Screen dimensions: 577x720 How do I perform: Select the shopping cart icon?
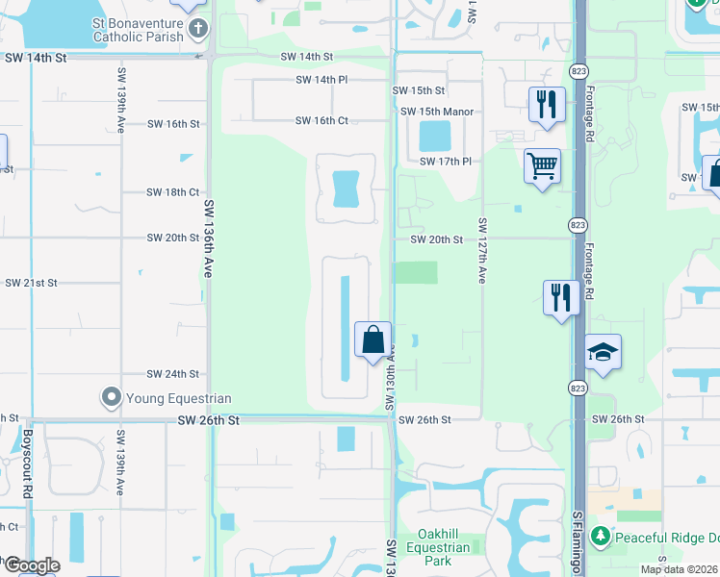[542, 166]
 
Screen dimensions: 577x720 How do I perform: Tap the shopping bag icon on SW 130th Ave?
[373, 340]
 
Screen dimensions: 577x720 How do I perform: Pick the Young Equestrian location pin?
[112, 397]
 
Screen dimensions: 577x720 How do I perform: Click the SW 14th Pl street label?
[321, 80]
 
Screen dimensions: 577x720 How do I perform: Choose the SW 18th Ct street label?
[173, 192]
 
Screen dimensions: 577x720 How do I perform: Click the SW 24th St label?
[173, 374]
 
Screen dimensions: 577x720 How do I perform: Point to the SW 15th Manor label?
[437, 112]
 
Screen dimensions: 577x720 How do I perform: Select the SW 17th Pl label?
[445, 162]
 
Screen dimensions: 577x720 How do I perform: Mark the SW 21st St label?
[32, 283]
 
